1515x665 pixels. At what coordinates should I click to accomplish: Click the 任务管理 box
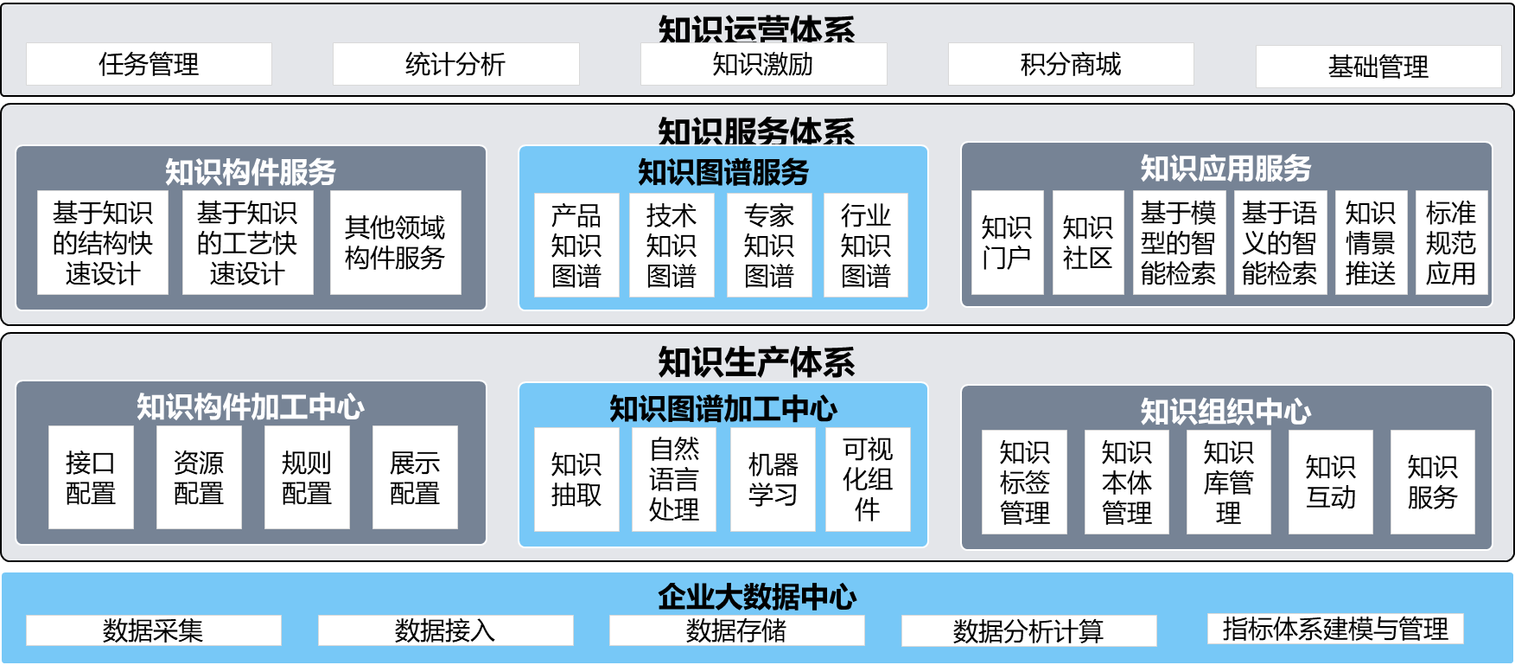click(x=149, y=64)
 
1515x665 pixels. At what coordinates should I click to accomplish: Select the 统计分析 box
click(x=455, y=64)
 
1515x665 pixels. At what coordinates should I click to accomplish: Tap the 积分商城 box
click(x=1071, y=64)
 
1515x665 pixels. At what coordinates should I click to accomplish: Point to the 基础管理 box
click(x=1378, y=67)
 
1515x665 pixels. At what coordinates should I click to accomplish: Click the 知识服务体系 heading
click(x=756, y=131)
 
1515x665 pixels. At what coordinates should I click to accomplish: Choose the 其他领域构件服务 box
click(x=395, y=242)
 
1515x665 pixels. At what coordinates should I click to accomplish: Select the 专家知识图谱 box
click(x=769, y=246)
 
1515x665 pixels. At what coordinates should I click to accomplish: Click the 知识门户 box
click(x=1007, y=242)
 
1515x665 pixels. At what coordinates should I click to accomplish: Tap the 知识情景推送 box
click(x=1371, y=242)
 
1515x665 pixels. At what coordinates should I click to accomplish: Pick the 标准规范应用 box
click(x=1451, y=242)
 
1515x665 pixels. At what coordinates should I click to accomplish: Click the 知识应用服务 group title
click(x=1225, y=169)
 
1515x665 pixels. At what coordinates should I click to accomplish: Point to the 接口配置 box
click(x=91, y=477)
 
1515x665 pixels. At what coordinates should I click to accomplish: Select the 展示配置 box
click(x=415, y=477)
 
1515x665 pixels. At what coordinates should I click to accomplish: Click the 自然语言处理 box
click(x=674, y=479)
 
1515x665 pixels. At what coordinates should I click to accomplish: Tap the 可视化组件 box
click(x=868, y=479)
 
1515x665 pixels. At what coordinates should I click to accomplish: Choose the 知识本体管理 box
click(x=1127, y=482)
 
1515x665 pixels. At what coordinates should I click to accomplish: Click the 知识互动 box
click(x=1331, y=482)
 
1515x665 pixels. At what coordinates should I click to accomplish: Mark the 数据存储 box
click(x=736, y=630)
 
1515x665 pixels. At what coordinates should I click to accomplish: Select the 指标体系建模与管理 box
click(x=1335, y=629)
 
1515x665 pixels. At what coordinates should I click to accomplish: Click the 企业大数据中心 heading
click(x=757, y=596)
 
